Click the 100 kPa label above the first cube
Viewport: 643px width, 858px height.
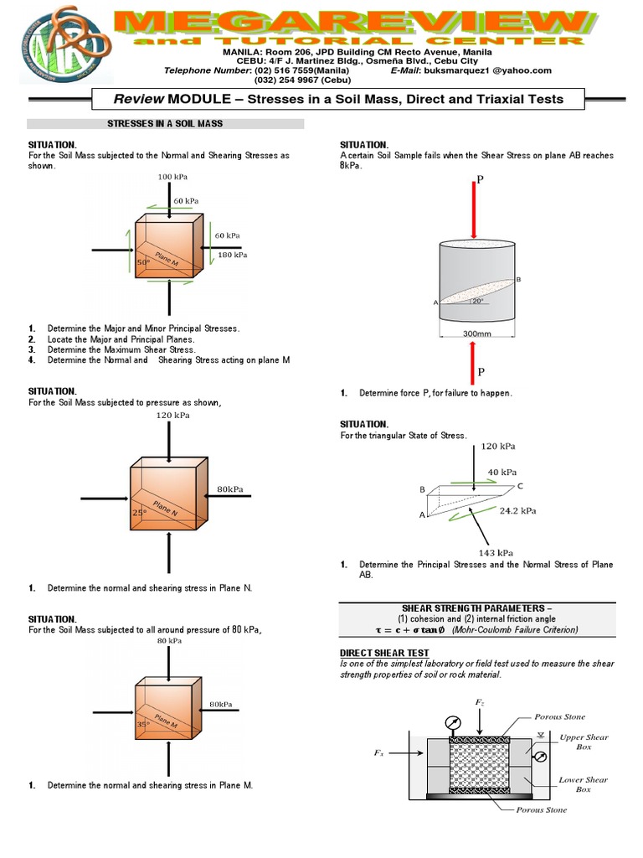pos(170,178)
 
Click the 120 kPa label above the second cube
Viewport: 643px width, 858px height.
pos(172,415)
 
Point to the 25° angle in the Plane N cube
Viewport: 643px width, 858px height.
pos(138,511)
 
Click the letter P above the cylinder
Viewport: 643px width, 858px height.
pos(481,178)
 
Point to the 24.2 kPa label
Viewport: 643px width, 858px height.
pos(518,509)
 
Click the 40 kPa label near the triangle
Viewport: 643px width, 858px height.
pos(503,471)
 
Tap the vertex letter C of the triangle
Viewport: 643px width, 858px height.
pos(520,486)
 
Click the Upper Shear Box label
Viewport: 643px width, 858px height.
pos(584,742)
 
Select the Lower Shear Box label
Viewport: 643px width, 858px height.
pos(583,784)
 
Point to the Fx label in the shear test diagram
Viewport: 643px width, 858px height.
pos(378,753)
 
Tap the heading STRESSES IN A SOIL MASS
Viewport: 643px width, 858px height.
pos(164,123)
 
